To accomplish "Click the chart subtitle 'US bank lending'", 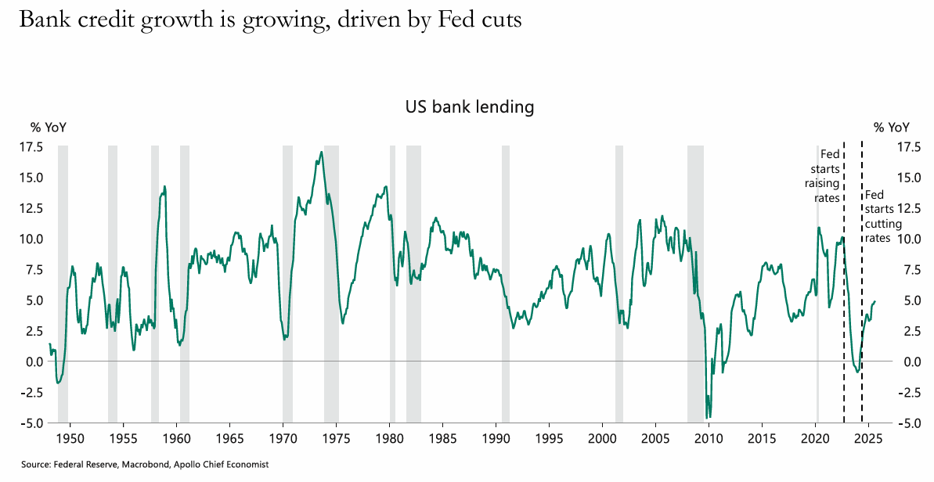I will [x=469, y=107].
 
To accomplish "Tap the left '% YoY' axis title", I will [x=49, y=128].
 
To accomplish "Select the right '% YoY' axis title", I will [x=892, y=128].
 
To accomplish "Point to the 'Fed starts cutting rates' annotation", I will [x=877, y=216].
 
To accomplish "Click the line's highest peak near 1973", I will [x=321, y=152].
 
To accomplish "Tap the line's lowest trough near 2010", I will [x=709, y=417].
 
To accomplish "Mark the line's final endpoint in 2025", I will [x=874, y=301].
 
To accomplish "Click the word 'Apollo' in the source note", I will [x=195, y=465].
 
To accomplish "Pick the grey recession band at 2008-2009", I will [x=695, y=282].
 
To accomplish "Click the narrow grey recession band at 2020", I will [x=817, y=282].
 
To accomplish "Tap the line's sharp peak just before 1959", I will [x=164, y=186].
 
